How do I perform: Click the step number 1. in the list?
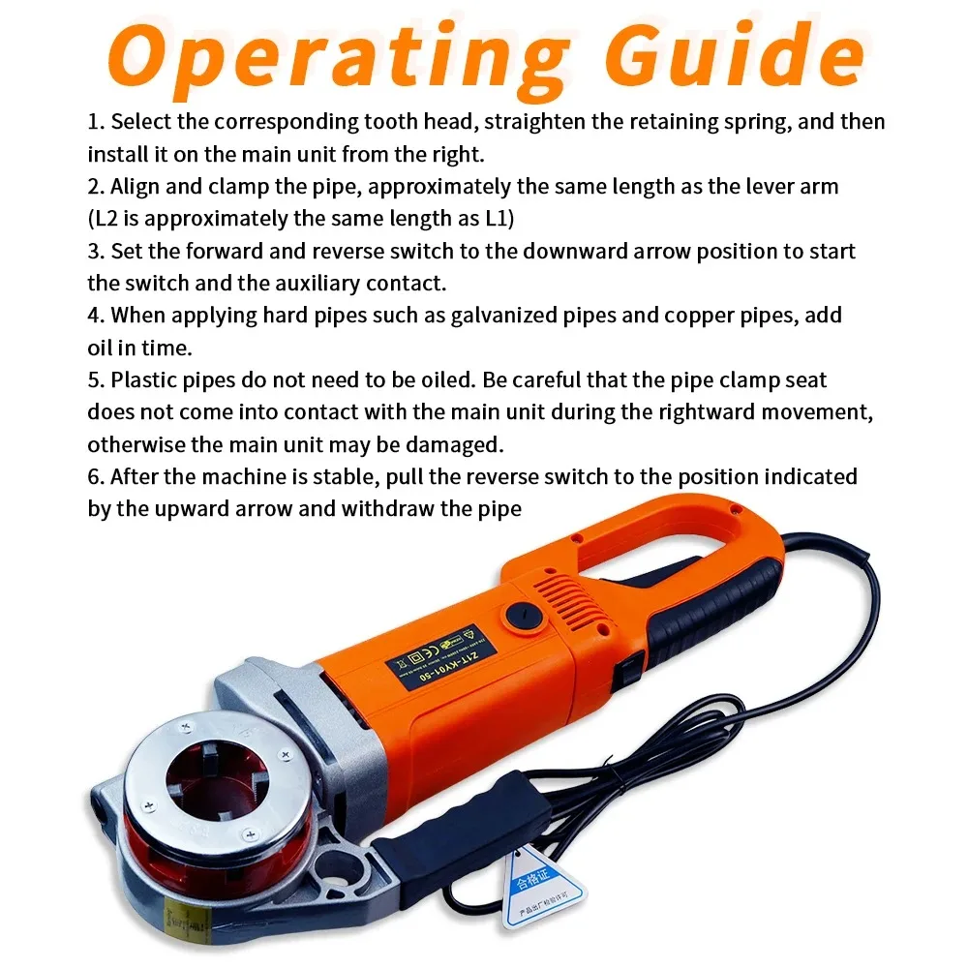[96, 123]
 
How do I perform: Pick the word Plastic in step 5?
[143, 380]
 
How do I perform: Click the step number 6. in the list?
[96, 477]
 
